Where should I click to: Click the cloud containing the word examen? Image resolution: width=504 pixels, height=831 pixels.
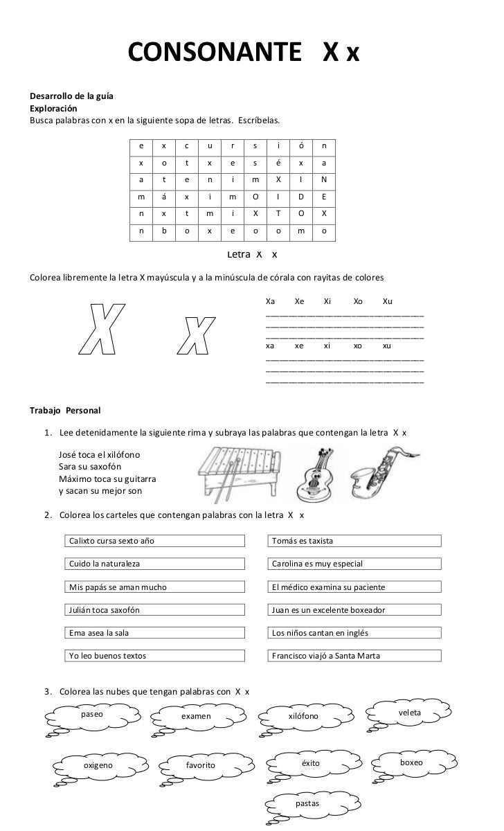pyautogui.click(x=196, y=715)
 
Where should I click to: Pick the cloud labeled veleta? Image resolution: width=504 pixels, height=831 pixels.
pyautogui.click(x=410, y=713)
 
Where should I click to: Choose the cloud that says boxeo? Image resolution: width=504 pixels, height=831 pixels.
pyautogui.click(x=411, y=762)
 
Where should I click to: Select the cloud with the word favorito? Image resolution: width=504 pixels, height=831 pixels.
pyautogui.click(x=201, y=765)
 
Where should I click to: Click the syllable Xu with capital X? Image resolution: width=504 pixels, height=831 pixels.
pyautogui.click(x=387, y=302)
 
